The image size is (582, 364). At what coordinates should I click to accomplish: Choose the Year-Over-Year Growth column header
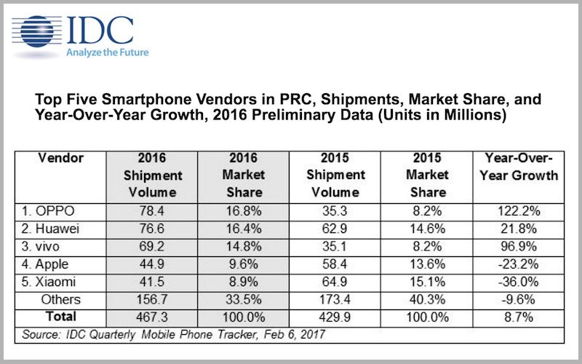518,167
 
